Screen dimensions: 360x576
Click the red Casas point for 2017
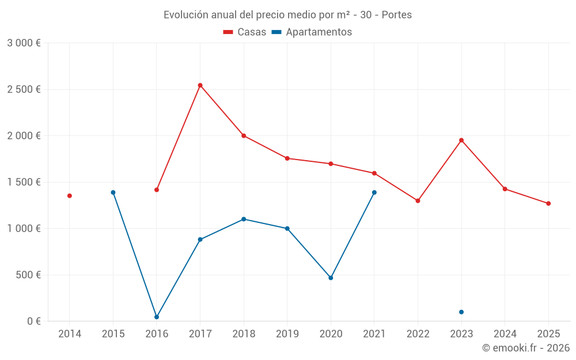(200, 85)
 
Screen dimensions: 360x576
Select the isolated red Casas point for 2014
(70, 196)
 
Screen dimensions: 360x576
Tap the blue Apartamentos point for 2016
(157, 317)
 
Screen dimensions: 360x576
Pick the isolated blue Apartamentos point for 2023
(461, 312)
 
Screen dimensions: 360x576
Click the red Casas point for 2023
(461, 140)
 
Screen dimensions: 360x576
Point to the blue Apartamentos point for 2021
(374, 192)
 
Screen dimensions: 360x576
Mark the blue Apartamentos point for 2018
(244, 219)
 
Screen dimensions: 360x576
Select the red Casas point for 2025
(548, 203)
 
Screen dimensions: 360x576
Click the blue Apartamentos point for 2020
(331, 278)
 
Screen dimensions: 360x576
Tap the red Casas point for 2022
(418, 200)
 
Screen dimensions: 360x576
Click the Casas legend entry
(245, 32)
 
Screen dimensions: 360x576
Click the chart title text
(287, 15)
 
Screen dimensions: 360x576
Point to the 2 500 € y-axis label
(24, 89)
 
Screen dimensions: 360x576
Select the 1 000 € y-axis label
(24, 228)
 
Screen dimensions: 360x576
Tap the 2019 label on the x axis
(287, 334)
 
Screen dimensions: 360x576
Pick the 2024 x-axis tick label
(505, 334)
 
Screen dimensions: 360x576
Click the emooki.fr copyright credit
(525, 348)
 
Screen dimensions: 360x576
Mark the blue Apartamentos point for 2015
(113, 192)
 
